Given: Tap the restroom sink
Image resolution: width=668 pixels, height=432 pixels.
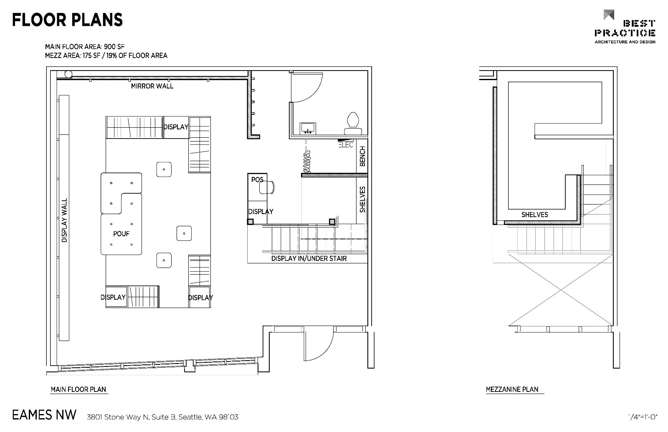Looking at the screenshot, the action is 307,129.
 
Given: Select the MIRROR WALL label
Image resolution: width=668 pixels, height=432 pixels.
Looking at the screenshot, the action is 152,86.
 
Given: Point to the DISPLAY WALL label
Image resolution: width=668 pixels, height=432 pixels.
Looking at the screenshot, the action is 64,220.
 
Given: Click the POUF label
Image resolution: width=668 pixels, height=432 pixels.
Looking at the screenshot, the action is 121,234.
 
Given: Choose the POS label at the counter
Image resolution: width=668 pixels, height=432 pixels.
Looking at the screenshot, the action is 257,179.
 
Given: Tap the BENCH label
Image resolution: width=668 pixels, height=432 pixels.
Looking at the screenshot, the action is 362,156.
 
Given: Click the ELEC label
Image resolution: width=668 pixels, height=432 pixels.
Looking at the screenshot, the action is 346,145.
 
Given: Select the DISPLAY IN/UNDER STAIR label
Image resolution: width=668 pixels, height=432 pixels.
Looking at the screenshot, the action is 309,258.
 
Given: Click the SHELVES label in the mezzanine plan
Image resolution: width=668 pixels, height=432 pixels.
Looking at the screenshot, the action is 535,215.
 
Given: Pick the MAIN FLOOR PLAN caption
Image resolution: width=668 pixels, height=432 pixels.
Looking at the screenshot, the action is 78,389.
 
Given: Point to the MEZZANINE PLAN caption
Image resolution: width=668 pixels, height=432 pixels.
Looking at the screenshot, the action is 512,389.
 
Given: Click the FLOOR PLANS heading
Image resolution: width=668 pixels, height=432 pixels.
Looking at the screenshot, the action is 67,20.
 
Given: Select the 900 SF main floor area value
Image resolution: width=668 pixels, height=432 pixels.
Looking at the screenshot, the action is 114,47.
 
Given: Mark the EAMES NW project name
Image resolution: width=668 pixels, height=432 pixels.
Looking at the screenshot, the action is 44,415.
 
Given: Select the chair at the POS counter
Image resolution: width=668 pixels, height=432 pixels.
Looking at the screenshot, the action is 267,187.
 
